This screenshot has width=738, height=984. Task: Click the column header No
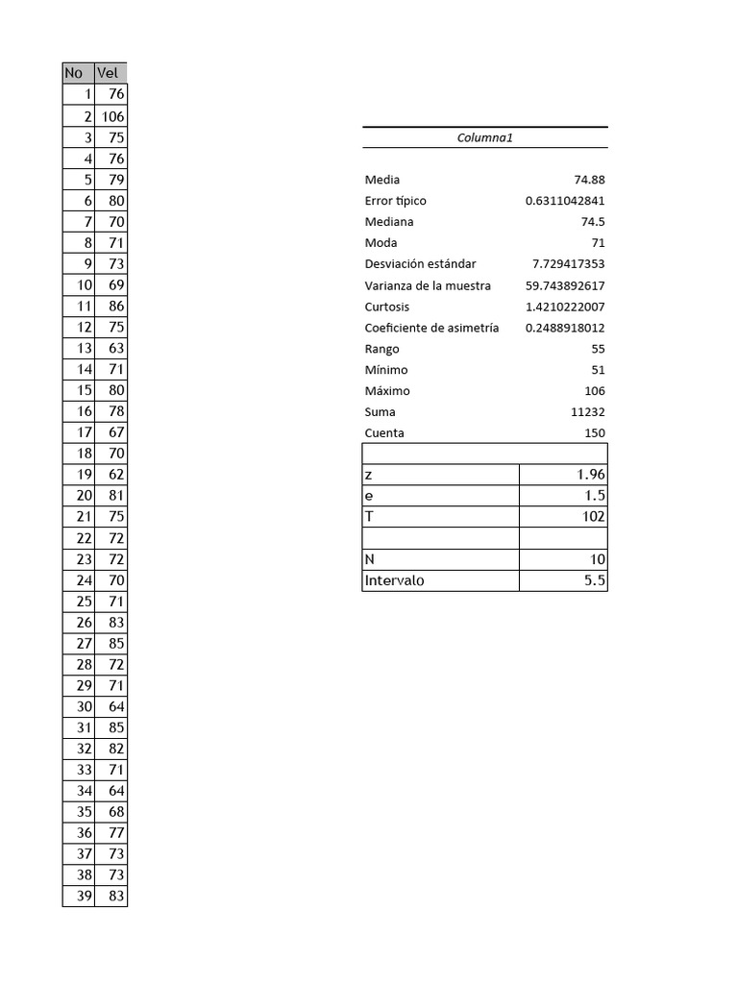pos(75,73)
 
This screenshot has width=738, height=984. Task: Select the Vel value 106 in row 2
pos(112,116)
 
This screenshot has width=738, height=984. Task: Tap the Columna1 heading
pos(485,137)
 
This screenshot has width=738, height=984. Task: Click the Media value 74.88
pos(589,180)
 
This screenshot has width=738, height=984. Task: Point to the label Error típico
pos(395,201)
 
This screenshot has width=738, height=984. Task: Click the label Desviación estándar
pos(420,264)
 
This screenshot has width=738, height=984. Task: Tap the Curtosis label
pos(387,307)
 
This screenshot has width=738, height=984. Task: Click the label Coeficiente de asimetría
pos(431,328)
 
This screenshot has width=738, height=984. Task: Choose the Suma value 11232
pos(587,412)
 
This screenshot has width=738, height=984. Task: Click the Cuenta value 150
pos(595,433)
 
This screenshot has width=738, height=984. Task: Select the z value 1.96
pos(590,475)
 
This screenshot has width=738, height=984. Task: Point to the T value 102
pos(594,517)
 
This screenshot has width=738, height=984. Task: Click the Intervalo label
pos(394,580)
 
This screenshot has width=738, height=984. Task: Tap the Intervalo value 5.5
pos(596,580)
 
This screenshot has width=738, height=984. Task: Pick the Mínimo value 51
pos(598,370)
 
